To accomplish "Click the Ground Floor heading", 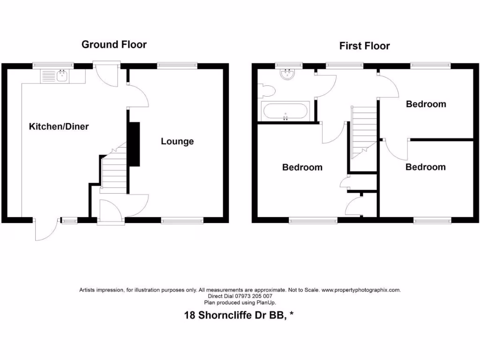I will (x=114, y=45).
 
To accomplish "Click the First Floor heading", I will (x=364, y=46).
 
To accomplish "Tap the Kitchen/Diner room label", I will (x=59, y=127).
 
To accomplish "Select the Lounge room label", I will (x=177, y=142).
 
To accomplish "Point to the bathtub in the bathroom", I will (x=286, y=112).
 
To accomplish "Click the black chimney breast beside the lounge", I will (x=134, y=144).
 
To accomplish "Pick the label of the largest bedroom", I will (x=302, y=167).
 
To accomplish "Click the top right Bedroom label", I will (x=426, y=104).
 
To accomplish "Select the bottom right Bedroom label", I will (x=425, y=167).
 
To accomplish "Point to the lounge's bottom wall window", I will (x=182, y=220).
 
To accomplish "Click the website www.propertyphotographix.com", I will (x=361, y=290).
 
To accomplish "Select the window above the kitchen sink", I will (x=52, y=66).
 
